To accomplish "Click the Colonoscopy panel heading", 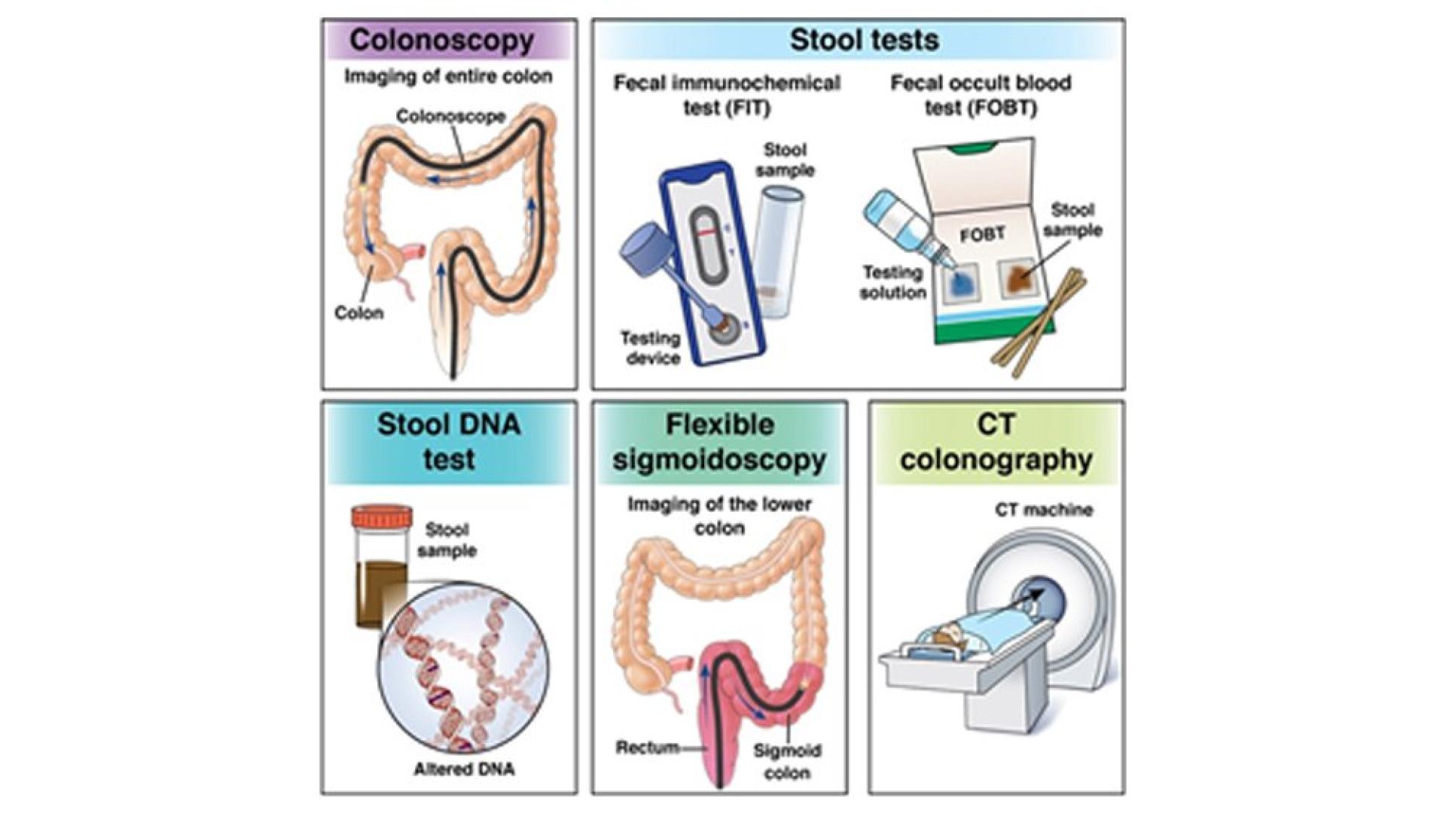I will point(441,40).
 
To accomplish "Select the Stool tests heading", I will point(864,40).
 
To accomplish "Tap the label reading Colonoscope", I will point(450,117).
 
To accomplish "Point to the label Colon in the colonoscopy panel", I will point(358,313).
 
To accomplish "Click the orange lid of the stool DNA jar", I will point(382,518).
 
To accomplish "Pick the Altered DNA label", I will point(464,769).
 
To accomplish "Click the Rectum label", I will point(647,748).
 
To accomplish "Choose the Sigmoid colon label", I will point(787,761).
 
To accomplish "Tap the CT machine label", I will point(1044,510).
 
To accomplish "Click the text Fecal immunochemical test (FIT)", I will point(727,95).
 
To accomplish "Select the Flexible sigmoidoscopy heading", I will point(719,442).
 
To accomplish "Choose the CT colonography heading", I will point(996,442).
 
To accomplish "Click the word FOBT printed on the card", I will point(982,235).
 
